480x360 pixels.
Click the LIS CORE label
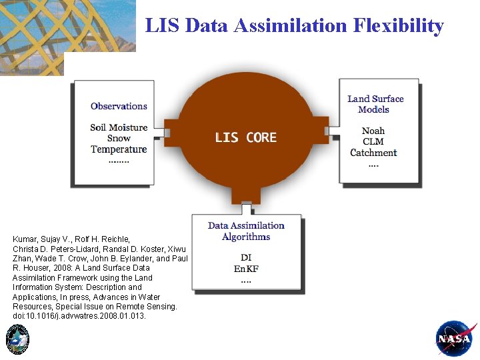point(245,137)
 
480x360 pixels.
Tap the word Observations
point(119,106)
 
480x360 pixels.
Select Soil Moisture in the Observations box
point(119,127)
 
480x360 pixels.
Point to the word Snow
point(119,138)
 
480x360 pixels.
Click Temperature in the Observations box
point(119,149)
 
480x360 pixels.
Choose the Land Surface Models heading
point(375,104)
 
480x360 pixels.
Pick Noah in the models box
point(373,131)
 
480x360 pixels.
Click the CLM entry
point(373,141)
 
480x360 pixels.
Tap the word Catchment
point(373,152)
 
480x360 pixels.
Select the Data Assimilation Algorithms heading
point(246,231)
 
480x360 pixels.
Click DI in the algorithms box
point(246,257)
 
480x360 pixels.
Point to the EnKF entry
point(246,269)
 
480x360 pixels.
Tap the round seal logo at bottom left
point(17,339)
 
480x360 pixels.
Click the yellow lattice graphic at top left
point(67,30)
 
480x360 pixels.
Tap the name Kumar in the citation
point(25,239)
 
